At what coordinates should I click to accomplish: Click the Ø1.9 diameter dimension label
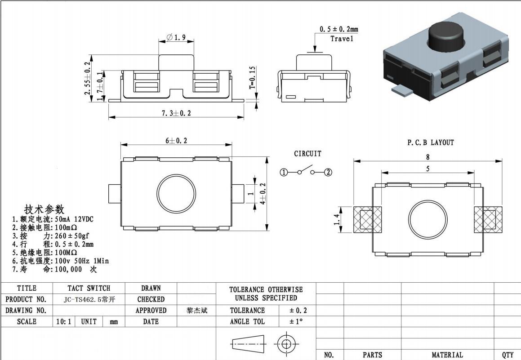[176, 38]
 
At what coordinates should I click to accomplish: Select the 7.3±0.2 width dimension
[176, 113]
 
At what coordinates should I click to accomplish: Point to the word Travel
[342, 39]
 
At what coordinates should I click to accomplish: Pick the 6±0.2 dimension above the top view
[176, 141]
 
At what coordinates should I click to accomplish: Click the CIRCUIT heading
[307, 154]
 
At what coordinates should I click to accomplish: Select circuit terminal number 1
[284, 173]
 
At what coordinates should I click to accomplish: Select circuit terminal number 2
[328, 173]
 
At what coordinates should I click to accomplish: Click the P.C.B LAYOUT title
[430, 143]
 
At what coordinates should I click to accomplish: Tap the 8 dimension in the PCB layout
[427, 157]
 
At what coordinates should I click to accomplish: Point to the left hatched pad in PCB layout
[367, 220]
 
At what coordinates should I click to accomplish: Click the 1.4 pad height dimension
[337, 220]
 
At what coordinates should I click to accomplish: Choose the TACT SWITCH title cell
[89, 288]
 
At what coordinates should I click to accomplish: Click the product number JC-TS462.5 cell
[89, 299]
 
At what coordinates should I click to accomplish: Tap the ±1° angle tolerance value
[296, 322]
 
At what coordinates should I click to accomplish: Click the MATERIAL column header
[447, 355]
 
